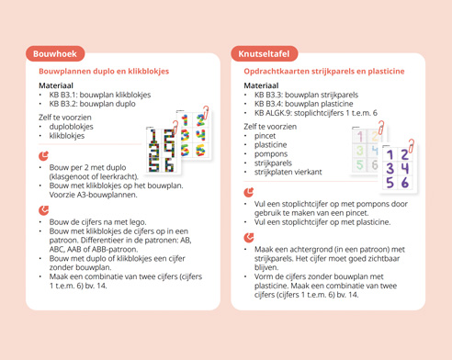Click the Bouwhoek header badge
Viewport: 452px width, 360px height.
pos(54,54)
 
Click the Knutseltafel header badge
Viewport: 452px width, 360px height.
pos(265,54)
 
